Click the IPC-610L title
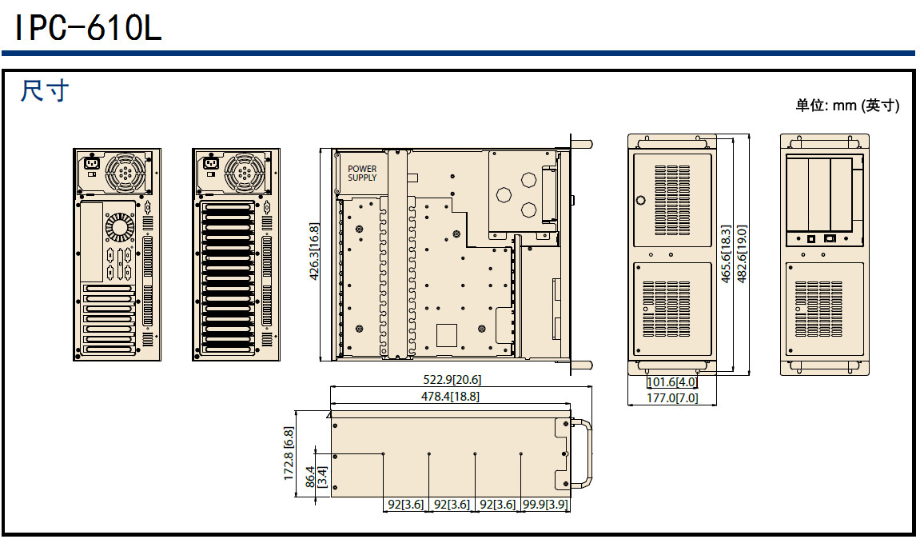tap(88, 29)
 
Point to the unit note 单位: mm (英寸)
tap(847, 106)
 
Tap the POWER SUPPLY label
tap(362, 173)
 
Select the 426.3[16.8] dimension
tap(314, 251)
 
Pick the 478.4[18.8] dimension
tap(451, 396)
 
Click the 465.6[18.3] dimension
tap(726, 254)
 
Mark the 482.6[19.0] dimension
tap(741, 254)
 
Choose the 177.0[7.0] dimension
tap(672, 397)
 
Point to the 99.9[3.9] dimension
tap(545, 505)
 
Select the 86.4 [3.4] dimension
tap(316, 477)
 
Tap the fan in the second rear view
tap(244, 173)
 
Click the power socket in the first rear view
tap(92, 166)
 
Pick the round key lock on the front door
tap(640, 200)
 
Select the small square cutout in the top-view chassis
tap(446, 334)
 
